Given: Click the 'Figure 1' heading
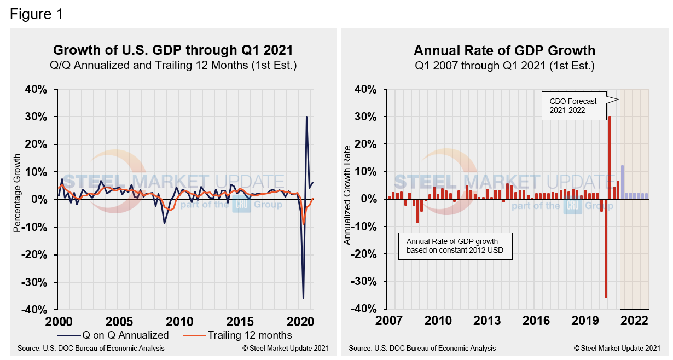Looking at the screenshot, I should point(36,14).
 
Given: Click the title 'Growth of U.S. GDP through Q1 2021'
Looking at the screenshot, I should point(173,50).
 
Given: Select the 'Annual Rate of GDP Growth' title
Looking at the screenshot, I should point(504,51).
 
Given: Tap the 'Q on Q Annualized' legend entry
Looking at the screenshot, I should point(113,335).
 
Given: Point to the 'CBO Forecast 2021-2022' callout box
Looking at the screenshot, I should point(574,105).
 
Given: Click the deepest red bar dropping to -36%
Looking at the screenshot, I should point(606,248).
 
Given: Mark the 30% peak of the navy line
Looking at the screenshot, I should point(306,117).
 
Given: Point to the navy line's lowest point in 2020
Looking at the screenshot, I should point(303,298).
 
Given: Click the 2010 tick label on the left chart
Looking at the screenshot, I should point(179,321).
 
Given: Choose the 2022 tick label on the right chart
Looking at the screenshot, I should point(634,321).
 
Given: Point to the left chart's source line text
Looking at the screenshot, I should point(91,348).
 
